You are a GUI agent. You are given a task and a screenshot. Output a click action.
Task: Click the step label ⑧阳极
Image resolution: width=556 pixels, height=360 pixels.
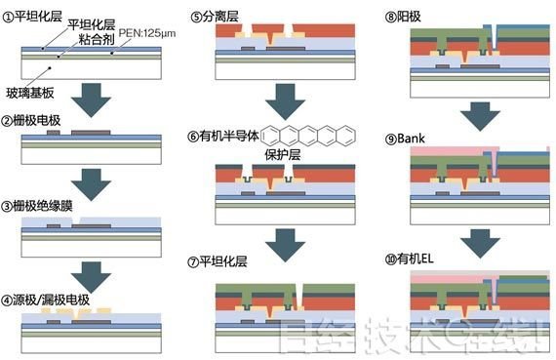coord(407,15)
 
